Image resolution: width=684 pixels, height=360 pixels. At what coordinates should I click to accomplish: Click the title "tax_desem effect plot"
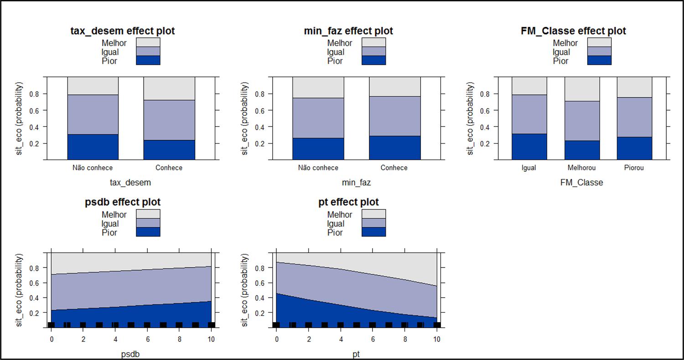click(123, 31)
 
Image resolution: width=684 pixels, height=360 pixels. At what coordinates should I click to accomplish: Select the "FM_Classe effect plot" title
click(573, 31)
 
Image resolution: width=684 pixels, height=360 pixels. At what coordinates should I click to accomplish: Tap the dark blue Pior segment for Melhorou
click(582, 150)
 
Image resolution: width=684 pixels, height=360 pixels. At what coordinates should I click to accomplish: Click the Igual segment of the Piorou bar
click(634, 117)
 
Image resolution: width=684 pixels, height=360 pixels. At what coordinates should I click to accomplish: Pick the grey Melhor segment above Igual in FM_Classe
click(529, 86)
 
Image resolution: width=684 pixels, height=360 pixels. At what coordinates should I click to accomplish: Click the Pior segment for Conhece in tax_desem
click(169, 149)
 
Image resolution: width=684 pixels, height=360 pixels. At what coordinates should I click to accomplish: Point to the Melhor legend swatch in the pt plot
click(373, 214)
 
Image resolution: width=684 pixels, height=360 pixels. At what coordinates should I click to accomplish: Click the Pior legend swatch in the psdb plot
click(148, 232)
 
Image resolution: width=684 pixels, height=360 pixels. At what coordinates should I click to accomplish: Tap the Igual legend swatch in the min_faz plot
click(373, 51)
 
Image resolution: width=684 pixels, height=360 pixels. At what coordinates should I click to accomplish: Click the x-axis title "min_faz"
click(357, 182)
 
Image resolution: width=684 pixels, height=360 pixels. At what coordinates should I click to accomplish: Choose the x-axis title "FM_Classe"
click(581, 182)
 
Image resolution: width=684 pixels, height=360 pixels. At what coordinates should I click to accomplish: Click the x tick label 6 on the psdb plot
click(147, 339)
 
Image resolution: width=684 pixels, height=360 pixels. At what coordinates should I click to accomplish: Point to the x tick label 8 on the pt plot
click(404, 339)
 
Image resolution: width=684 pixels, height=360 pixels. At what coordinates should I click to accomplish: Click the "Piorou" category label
click(634, 168)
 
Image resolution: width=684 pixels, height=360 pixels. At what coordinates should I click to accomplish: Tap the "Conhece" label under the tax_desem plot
click(169, 168)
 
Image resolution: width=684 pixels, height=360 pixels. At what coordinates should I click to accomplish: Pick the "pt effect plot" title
click(348, 202)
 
